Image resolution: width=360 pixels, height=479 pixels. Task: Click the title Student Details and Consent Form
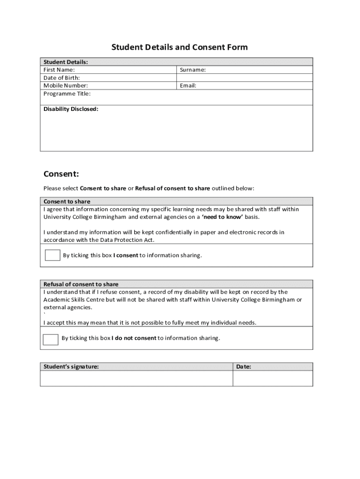[180, 47]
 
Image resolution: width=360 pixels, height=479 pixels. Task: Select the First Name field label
[59, 70]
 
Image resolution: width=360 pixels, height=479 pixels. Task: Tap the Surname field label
[193, 70]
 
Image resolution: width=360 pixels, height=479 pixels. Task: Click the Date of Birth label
[62, 78]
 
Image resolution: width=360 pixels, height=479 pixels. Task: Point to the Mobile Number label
[65, 86]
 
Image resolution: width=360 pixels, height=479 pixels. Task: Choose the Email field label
[188, 86]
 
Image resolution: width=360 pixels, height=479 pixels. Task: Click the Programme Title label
[67, 94]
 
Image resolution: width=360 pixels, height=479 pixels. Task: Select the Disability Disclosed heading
[71, 109]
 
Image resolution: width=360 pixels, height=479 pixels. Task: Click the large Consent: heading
[61, 174]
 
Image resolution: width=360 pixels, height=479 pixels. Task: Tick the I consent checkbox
[52, 255]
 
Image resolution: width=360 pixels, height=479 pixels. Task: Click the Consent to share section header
[67, 202]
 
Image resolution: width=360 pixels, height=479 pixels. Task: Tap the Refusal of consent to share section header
[81, 284]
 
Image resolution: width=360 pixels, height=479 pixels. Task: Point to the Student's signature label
[71, 367]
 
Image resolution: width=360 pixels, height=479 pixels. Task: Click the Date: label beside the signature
[244, 367]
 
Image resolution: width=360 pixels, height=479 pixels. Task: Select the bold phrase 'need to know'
[222, 217]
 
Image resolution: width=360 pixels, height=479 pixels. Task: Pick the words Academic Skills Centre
[73, 299]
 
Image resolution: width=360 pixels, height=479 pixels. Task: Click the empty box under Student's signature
[136, 378]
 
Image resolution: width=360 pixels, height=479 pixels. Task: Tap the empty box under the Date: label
[273, 378]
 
